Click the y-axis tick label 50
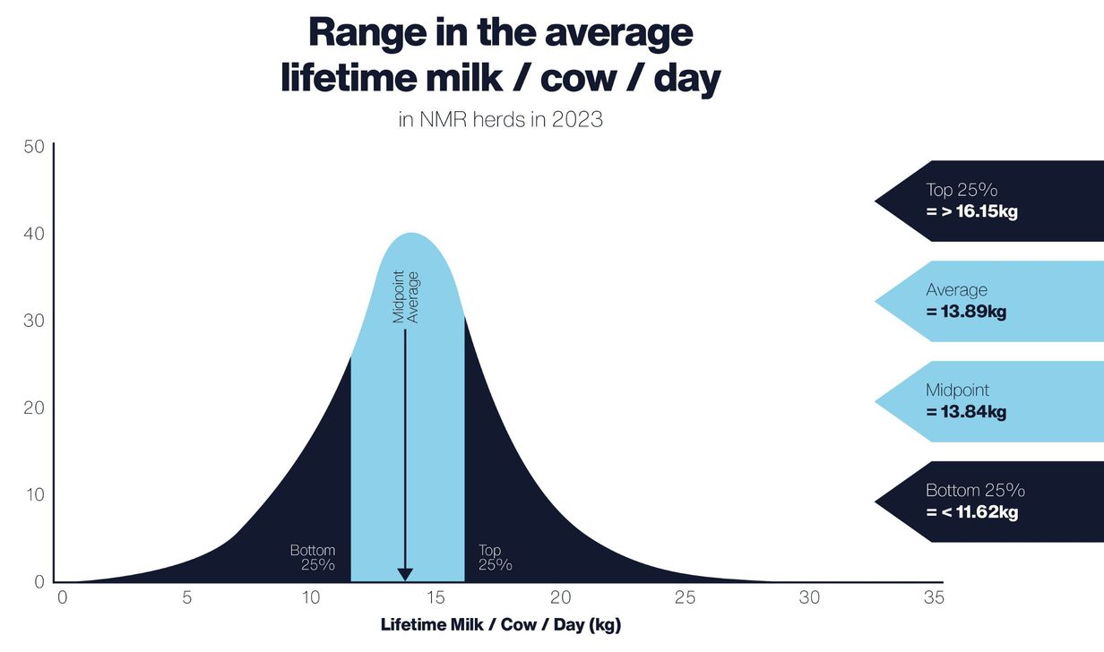(33, 147)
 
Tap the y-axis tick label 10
(33, 495)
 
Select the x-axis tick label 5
(186, 597)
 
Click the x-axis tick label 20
(560, 597)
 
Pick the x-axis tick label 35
(934, 597)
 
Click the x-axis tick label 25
(685, 597)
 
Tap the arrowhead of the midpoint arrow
(405, 574)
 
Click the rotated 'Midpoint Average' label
(405, 296)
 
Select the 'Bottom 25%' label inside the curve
(313, 557)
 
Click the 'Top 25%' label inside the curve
(495, 557)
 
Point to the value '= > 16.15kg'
(972, 212)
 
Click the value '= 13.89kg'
(966, 313)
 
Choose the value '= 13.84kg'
(966, 412)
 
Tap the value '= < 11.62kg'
(972, 512)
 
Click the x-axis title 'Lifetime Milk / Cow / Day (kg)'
(501, 624)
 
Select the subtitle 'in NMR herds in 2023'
(500, 119)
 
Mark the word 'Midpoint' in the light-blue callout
(958, 390)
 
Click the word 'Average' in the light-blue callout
(956, 290)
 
